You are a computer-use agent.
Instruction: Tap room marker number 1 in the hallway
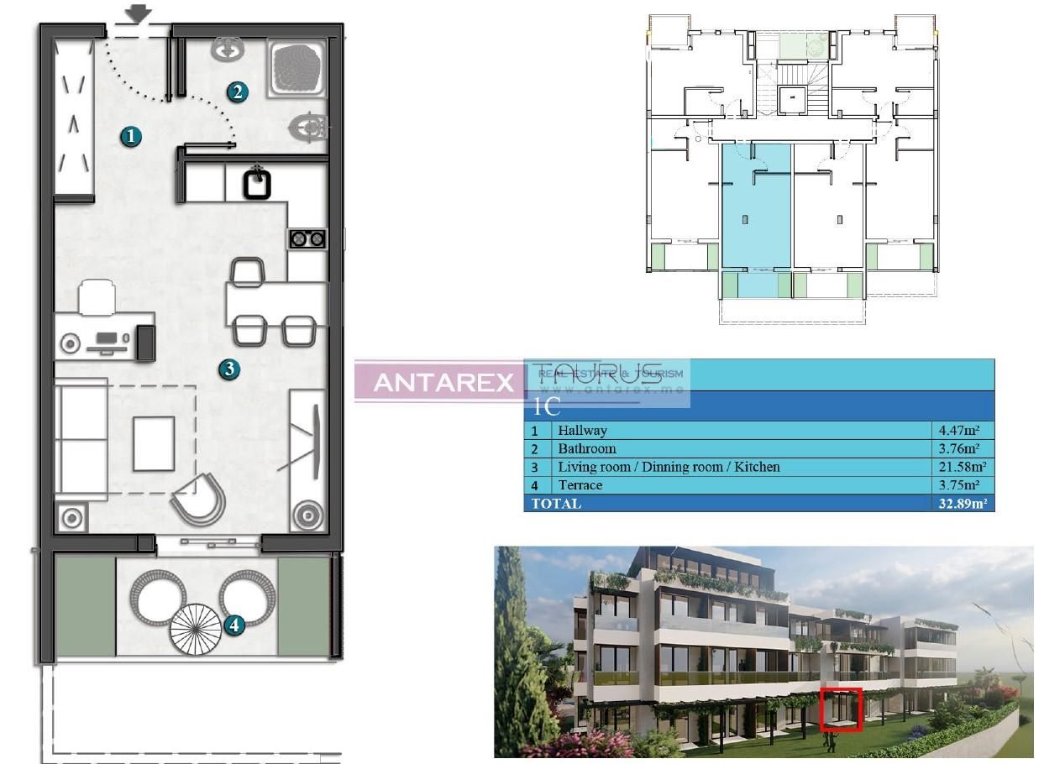pyautogui.click(x=129, y=135)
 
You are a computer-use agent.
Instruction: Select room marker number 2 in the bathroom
pyautogui.click(x=238, y=92)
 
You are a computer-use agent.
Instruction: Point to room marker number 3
pyautogui.click(x=228, y=368)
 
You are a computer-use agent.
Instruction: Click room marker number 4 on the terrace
pyautogui.click(x=234, y=624)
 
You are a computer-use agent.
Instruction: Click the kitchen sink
pyautogui.click(x=257, y=182)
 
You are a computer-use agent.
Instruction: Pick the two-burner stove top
pyautogui.click(x=307, y=239)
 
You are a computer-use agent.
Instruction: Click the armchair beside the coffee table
pyautogui.click(x=199, y=499)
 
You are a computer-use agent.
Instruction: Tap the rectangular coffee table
pyautogui.click(x=154, y=442)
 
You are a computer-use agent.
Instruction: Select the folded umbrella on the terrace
pyautogui.click(x=196, y=630)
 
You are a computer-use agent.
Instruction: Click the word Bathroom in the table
pyautogui.click(x=586, y=448)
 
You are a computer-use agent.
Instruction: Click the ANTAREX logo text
pyautogui.click(x=443, y=383)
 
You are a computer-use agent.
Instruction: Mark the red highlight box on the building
pyautogui.click(x=841, y=709)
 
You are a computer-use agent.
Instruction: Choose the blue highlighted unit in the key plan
pyautogui.click(x=756, y=218)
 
